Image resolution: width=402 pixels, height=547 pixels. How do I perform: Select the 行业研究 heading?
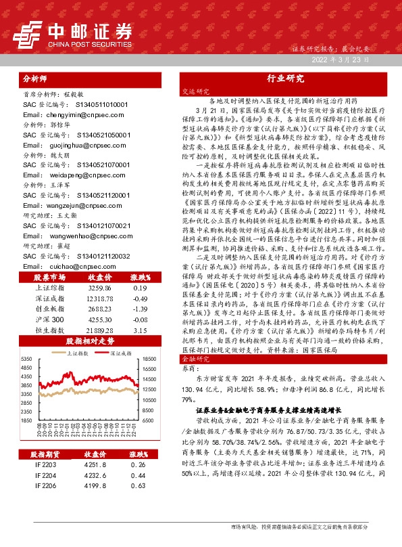(285, 79)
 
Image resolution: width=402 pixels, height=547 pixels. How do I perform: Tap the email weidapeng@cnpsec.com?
(67, 174)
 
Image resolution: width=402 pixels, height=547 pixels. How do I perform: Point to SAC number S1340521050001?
(101, 135)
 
